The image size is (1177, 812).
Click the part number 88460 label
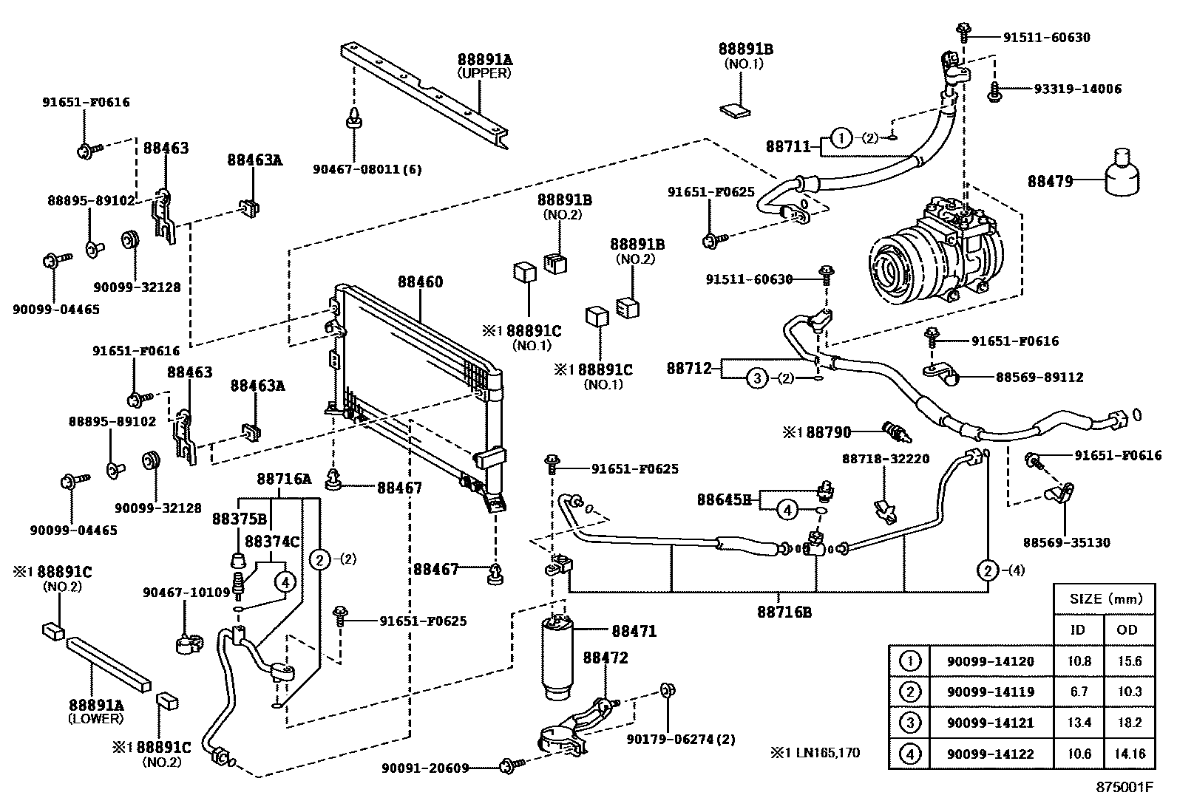420,282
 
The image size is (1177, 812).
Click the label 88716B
784,612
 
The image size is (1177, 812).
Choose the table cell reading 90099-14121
990,723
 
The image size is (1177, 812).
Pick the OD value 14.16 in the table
1129,754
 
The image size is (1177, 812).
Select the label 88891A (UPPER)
484,66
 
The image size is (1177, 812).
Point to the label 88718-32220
885,459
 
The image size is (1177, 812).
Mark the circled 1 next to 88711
841,137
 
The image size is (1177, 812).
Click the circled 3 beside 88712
756,378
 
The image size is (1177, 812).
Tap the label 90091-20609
425,768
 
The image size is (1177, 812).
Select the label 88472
606,658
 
